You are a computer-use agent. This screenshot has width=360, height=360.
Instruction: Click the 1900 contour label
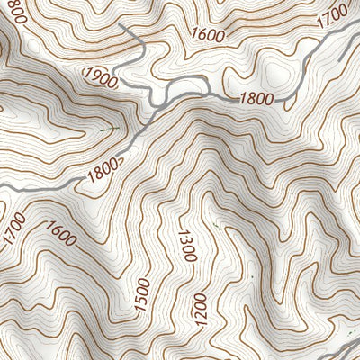coord(100,78)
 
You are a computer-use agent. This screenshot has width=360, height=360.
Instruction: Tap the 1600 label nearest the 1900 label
coord(208,35)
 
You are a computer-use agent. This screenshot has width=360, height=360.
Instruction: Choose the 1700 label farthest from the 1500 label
coord(333,15)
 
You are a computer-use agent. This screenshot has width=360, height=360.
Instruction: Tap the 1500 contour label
coord(142,294)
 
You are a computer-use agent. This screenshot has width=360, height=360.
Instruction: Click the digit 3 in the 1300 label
coord(188,246)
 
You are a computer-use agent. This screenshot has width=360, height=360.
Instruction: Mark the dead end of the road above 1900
coord(121,28)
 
